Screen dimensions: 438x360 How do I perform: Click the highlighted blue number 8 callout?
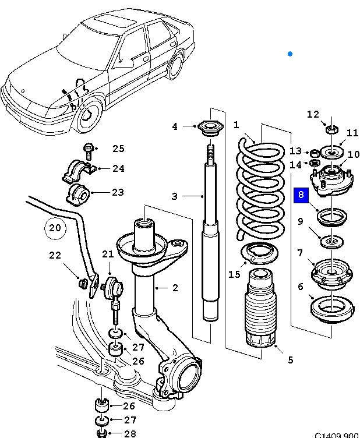tap(301, 195)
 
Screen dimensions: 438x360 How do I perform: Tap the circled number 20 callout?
tap(54, 228)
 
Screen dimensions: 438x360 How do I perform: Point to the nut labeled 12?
tap(329, 128)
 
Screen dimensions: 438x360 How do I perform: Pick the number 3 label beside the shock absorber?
tap(174, 196)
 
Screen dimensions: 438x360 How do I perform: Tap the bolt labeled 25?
tap(89, 149)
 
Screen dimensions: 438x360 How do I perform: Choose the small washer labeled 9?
tap(330, 240)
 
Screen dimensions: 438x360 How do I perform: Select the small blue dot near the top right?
tap(290, 54)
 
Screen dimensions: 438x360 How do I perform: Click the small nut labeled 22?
tap(83, 283)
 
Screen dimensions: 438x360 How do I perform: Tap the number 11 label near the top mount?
tap(352, 133)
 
